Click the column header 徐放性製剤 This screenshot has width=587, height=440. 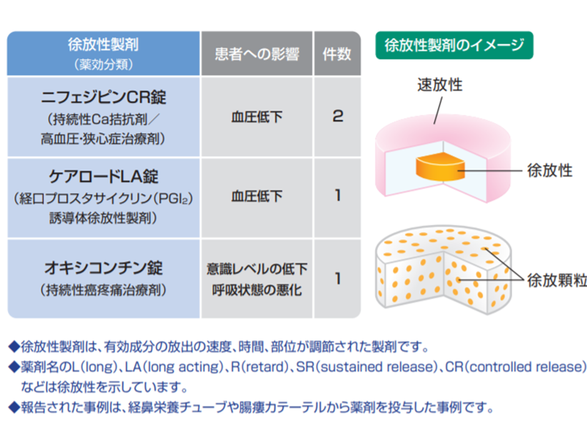point(103,45)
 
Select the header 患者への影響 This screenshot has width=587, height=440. point(257,54)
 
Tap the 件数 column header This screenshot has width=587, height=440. point(337,54)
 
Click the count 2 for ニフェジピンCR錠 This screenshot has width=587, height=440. point(338,116)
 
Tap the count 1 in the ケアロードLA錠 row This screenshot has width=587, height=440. point(338,196)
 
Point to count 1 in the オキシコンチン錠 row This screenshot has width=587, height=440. point(338,278)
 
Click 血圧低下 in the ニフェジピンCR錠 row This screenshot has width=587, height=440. point(257,117)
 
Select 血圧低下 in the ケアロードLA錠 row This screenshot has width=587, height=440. point(257,197)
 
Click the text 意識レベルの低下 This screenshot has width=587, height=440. point(257,269)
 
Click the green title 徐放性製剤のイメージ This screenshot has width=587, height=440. point(454,45)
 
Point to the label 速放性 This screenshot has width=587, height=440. point(440,85)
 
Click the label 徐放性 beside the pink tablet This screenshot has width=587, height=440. point(549,170)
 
